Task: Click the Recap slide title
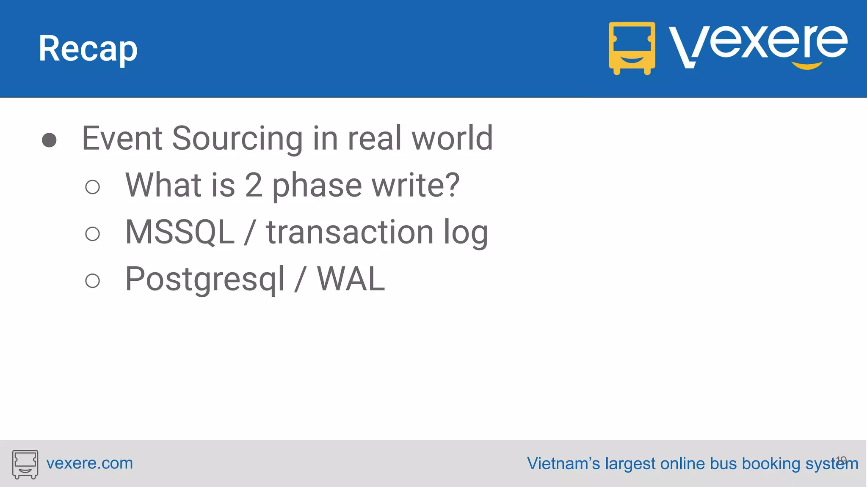88,49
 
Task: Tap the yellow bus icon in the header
632,48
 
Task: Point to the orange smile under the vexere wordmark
807,66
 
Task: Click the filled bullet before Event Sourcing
50,140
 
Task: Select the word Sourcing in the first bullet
237,139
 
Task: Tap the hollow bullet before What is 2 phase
92,187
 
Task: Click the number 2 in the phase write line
253,185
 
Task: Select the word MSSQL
180,232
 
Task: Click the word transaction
350,232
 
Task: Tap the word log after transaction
465,234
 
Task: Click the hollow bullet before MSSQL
92,234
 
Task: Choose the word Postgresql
205,280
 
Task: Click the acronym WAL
351,279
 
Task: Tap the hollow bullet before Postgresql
92,281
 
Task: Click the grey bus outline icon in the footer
25,464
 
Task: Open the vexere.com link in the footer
89,463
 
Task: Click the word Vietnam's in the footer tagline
563,464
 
